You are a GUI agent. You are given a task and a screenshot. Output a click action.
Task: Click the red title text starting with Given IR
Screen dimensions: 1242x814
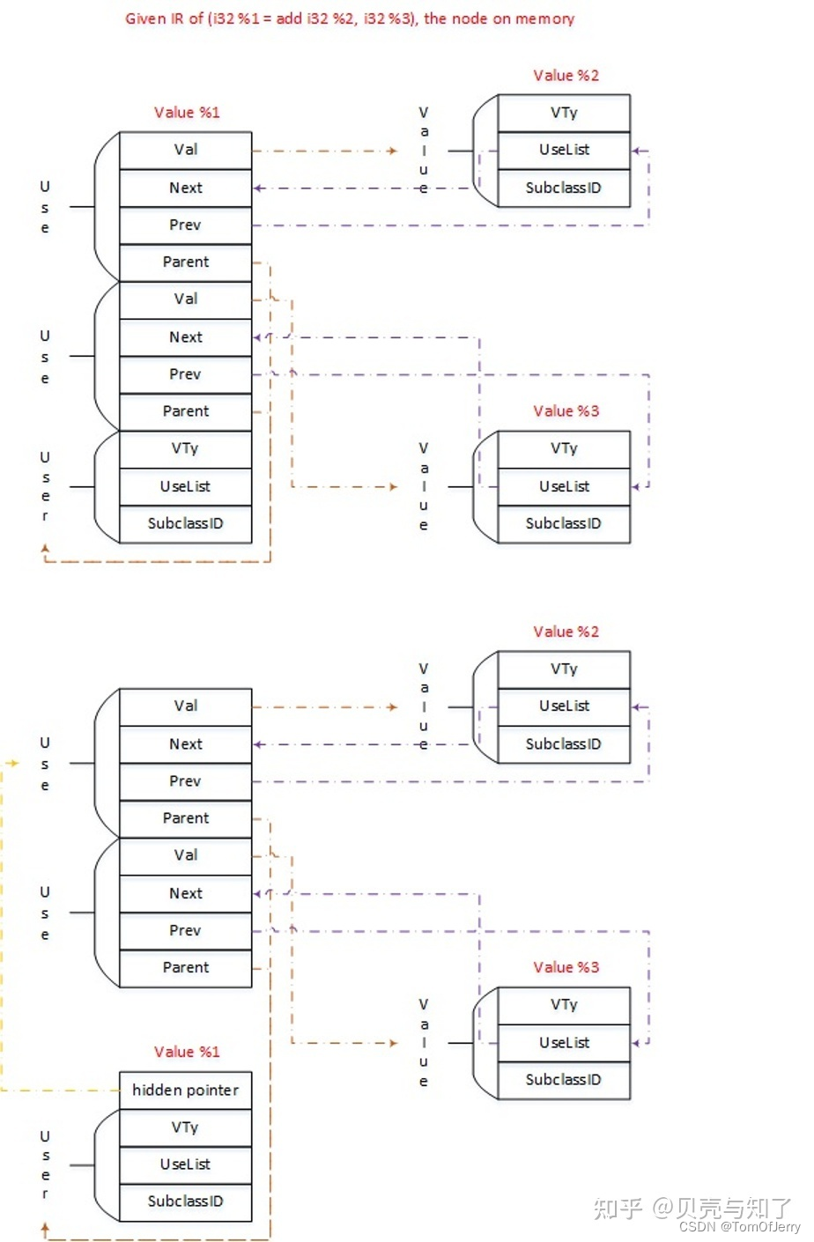click(x=350, y=18)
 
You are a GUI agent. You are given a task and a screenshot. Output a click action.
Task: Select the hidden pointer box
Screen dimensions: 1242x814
click(x=185, y=1090)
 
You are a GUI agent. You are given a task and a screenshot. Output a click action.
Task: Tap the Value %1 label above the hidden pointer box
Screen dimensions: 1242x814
click(x=186, y=1052)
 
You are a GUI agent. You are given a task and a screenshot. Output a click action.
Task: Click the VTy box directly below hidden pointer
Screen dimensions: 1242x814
click(x=185, y=1127)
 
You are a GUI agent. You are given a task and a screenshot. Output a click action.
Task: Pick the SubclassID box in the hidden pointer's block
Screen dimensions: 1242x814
click(x=185, y=1201)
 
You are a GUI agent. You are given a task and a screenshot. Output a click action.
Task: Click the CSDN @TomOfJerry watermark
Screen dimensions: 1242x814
click(x=739, y=1227)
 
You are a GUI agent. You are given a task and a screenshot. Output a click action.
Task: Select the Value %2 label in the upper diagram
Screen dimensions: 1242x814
click(x=566, y=76)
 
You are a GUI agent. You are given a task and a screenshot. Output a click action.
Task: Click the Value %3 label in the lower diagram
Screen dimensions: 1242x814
click(x=566, y=967)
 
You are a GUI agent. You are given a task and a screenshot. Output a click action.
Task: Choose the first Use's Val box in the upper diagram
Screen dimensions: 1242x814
click(x=185, y=150)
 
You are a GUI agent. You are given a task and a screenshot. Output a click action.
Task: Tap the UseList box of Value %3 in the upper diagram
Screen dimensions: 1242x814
click(x=564, y=486)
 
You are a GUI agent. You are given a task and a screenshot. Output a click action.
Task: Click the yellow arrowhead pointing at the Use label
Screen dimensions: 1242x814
click(x=13, y=763)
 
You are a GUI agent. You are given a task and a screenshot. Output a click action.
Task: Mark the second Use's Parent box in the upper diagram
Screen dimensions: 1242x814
click(x=185, y=411)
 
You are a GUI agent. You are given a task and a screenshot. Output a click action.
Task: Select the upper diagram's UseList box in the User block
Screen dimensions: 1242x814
click(x=185, y=486)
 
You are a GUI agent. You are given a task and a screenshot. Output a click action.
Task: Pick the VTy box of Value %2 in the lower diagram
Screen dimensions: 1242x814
click(x=564, y=669)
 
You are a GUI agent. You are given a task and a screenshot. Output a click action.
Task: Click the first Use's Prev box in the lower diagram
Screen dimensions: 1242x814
click(x=185, y=781)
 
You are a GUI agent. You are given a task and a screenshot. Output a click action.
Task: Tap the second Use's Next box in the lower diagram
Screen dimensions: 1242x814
click(x=185, y=893)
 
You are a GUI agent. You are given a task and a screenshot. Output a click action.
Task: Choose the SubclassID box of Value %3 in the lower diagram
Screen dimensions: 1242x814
click(x=564, y=1080)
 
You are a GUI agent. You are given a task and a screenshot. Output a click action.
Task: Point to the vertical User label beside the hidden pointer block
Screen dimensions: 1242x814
click(x=45, y=1164)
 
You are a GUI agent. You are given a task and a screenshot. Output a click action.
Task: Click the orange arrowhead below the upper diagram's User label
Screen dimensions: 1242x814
click(x=46, y=549)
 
